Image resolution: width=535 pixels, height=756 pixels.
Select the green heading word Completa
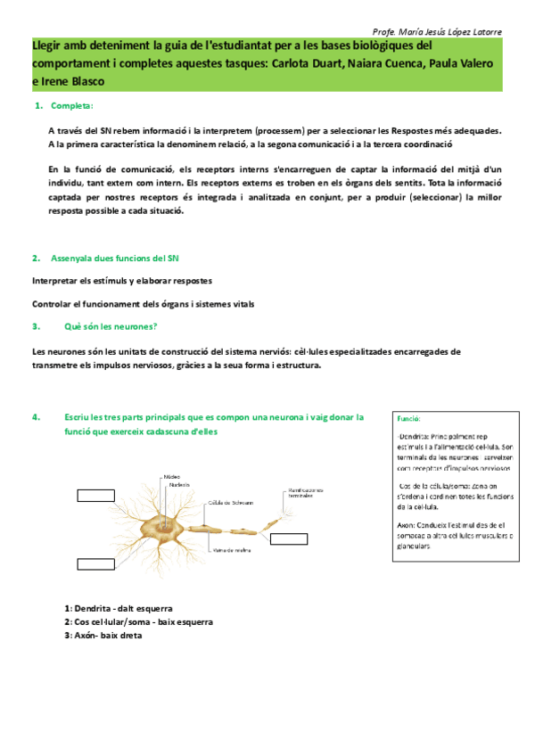pyautogui.click(x=72, y=106)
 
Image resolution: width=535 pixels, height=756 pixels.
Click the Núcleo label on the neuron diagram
pyautogui.click(x=171, y=477)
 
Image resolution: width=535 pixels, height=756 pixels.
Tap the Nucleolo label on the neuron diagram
pyautogui.click(x=179, y=485)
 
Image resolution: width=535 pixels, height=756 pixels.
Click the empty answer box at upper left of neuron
pyautogui.click(x=95, y=496)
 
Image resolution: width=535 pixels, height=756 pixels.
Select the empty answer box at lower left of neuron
pyautogui.click(x=95, y=538)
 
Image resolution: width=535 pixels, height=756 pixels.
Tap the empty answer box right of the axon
pyautogui.click(x=288, y=538)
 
